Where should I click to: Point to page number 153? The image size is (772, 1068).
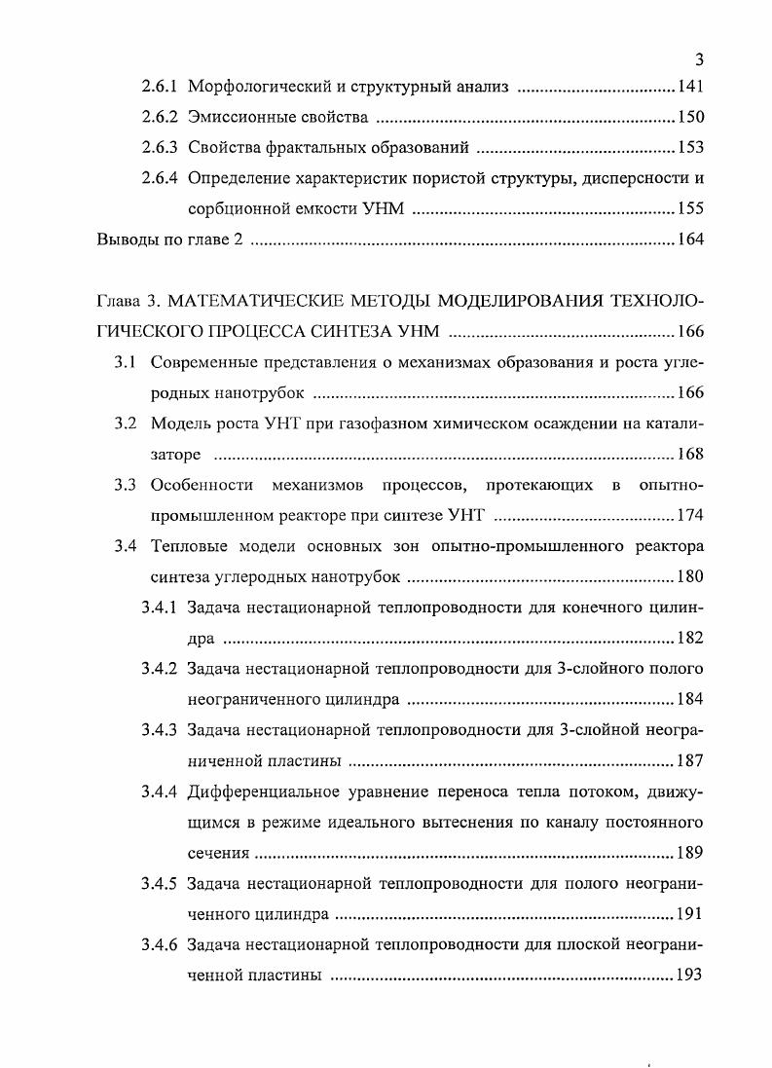689,149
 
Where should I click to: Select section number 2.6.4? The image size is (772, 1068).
160,179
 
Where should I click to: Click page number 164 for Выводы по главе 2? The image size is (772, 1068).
689,240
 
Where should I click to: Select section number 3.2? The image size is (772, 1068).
124,424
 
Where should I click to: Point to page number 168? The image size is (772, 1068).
689,455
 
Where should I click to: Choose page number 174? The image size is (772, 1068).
689,515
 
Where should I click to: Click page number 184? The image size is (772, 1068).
689,699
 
